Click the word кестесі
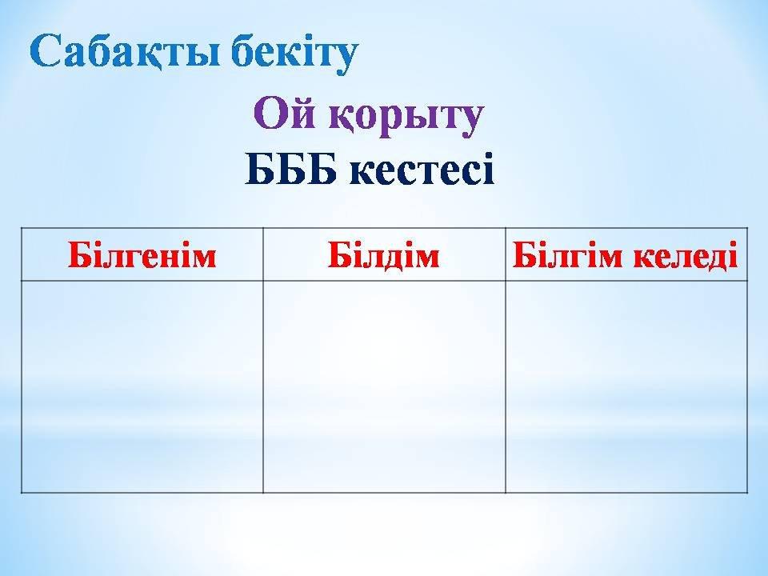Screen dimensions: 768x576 422,170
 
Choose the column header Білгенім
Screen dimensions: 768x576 142,254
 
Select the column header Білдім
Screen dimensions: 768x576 383,254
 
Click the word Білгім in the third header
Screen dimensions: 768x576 567,254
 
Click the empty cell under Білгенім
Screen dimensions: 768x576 142,386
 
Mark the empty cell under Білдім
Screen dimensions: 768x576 384,386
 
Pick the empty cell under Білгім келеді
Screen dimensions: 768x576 626,386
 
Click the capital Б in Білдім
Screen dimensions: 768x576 338,254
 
